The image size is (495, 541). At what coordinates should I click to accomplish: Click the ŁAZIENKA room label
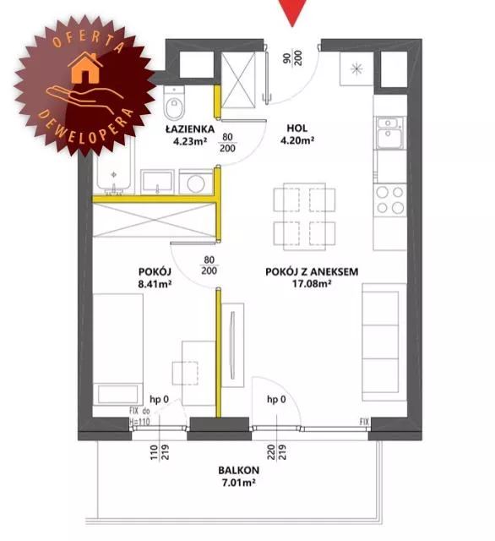190,129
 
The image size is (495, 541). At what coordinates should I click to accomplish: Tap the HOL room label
297,128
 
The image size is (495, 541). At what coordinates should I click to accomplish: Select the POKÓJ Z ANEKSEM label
312,272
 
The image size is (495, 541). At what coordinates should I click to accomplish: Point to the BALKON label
238,470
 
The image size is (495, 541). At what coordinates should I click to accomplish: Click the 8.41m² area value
155,284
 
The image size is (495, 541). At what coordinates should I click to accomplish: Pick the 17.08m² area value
312,284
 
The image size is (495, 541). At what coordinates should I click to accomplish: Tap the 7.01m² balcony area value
238,483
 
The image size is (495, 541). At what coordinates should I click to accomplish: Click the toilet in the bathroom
174,102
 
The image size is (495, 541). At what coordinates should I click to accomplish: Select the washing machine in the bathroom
195,182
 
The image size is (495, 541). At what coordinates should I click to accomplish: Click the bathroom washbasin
157,182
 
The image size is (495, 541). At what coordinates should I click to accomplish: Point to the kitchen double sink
390,133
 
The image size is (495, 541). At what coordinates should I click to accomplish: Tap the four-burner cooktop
390,200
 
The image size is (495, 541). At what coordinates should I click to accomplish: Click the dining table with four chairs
304,216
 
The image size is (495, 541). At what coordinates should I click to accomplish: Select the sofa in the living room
384,342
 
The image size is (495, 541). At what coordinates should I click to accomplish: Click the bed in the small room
118,349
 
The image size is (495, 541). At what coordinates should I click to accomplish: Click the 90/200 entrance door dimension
292,57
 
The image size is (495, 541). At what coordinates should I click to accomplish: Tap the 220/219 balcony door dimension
277,452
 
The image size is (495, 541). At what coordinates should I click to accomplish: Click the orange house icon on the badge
85,68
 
